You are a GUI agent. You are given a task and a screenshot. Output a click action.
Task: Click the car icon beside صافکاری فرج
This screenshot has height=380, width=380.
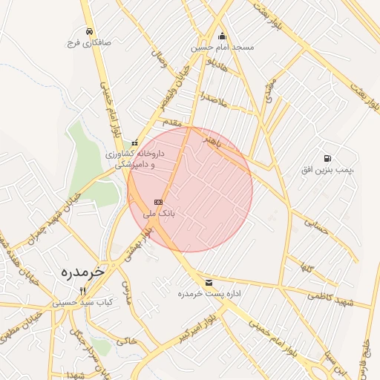pyautogui.click(x=89, y=32)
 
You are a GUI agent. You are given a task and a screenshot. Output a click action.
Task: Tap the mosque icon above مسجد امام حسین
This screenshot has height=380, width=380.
pyautogui.click(x=222, y=36)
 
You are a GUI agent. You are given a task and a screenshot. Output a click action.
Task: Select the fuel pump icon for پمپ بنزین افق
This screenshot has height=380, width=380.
pyautogui.click(x=327, y=158)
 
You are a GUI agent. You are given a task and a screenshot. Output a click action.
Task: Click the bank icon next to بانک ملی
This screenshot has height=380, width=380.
pyautogui.click(x=157, y=202)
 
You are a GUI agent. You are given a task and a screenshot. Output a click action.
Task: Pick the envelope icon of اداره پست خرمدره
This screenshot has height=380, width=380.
pyautogui.click(x=208, y=283)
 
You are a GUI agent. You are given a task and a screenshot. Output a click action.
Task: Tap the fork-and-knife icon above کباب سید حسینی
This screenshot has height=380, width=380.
pyautogui.click(x=83, y=291)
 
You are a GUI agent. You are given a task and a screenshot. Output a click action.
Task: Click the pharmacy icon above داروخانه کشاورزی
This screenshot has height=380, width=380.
pyautogui.click(x=134, y=143)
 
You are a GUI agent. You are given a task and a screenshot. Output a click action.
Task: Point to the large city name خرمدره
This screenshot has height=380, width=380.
pyautogui.click(x=82, y=273)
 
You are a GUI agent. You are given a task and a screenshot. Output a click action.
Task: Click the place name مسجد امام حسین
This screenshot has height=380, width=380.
pyautogui.click(x=222, y=47)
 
